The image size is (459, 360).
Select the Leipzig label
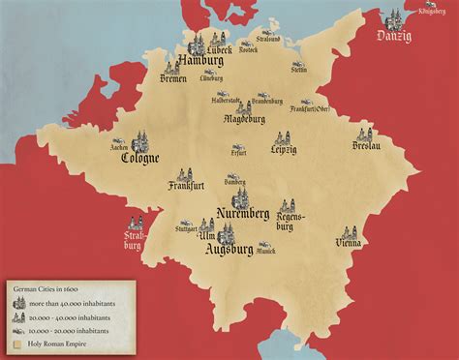284,151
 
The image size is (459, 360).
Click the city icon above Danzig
394,18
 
